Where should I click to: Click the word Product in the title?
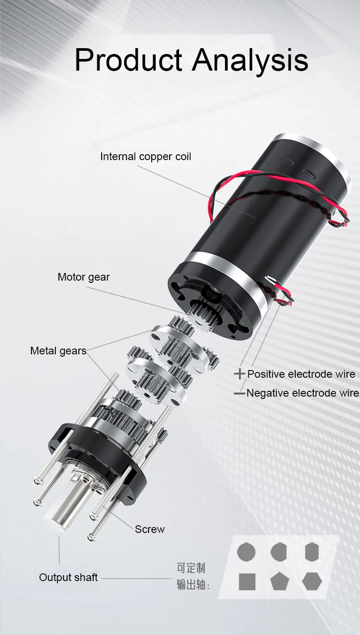point(128,60)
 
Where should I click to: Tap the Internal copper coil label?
point(145,157)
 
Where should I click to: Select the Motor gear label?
point(83,277)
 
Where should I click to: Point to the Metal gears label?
point(58,351)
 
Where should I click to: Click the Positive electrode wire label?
point(301,374)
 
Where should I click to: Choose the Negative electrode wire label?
point(303,393)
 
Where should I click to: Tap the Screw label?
point(149,529)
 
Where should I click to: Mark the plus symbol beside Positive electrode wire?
point(239,374)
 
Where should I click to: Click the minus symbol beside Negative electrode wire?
point(239,394)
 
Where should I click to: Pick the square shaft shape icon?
point(247,581)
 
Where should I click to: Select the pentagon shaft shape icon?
point(279,582)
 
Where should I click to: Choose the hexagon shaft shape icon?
point(312,581)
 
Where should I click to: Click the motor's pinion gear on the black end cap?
point(203,313)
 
